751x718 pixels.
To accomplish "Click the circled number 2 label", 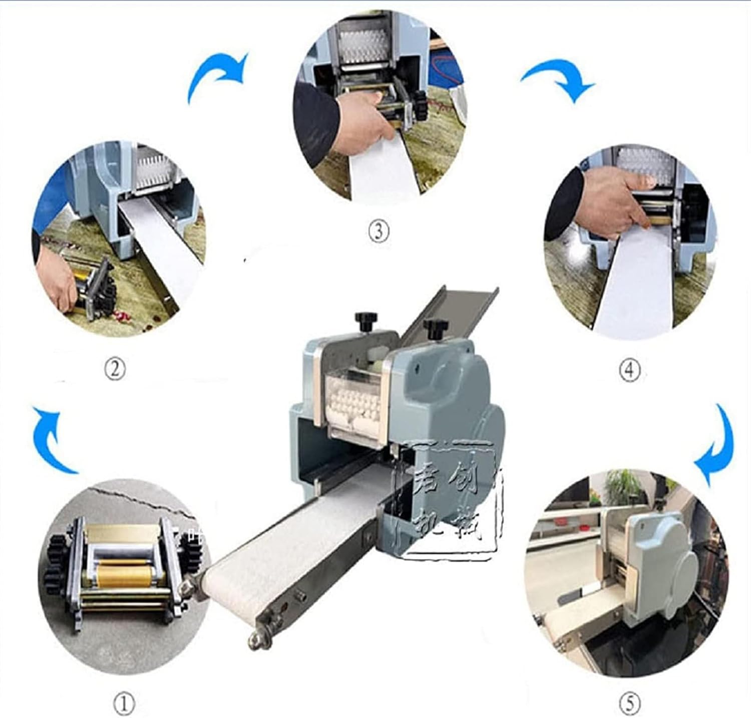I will (x=115, y=370).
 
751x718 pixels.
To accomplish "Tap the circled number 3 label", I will (x=379, y=231).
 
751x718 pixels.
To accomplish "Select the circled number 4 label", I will (x=629, y=370).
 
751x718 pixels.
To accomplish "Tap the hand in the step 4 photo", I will (x=606, y=200).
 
